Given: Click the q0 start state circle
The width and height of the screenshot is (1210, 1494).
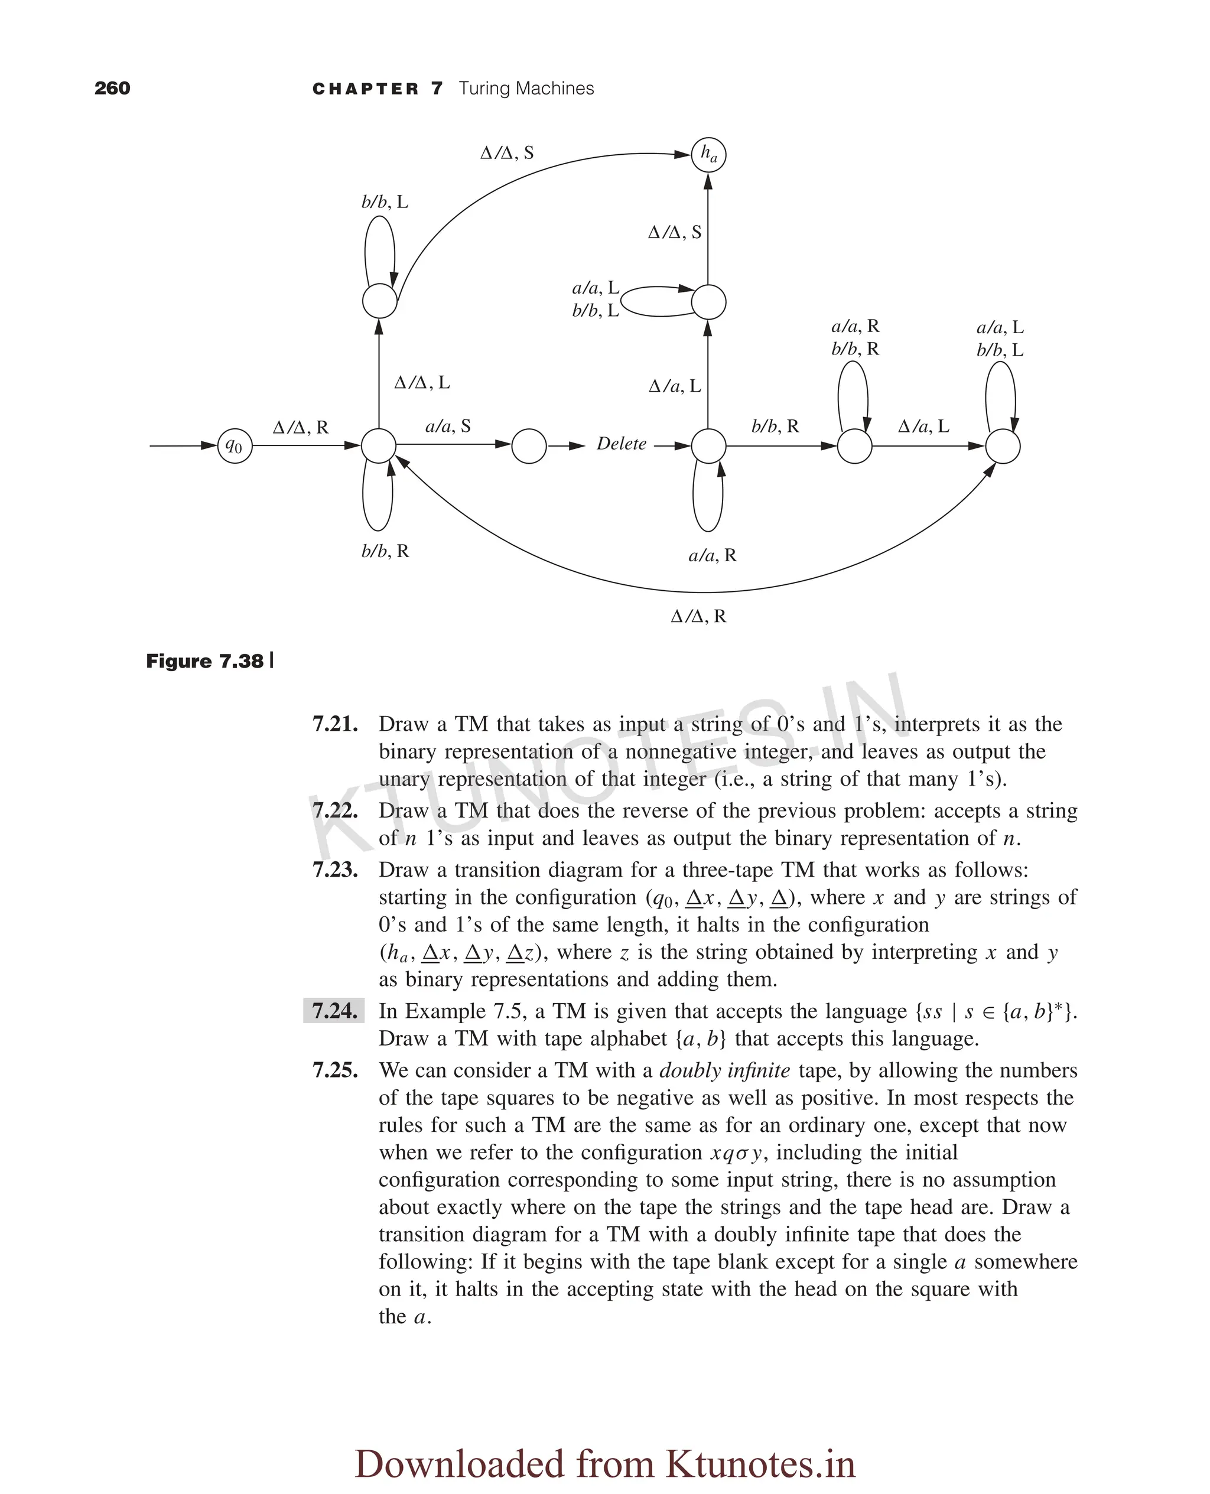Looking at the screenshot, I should point(235,446).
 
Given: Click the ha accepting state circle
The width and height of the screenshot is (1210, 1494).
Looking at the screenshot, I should point(708,155).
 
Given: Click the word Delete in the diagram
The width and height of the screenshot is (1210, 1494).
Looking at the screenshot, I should point(621,444).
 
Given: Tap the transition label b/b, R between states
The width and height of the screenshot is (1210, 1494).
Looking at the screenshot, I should point(775,426).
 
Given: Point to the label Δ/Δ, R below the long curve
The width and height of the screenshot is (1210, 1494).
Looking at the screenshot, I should point(698,616).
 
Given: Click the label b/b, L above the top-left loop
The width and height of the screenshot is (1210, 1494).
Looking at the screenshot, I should point(385,202).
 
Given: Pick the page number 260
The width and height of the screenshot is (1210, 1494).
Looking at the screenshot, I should point(112,89).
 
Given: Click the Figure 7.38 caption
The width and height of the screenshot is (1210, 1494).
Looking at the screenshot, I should point(205,660).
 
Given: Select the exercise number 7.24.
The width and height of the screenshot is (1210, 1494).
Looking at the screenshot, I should point(334,1010).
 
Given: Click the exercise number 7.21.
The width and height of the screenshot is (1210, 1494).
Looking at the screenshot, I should point(334,724).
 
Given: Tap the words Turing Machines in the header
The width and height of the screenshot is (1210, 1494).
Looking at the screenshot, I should point(526,89).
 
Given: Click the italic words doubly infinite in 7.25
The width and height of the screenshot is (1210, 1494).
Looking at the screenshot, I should point(724,1070).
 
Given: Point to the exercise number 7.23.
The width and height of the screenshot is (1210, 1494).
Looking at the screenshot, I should point(334,870).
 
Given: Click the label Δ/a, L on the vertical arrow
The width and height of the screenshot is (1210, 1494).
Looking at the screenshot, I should point(674,386).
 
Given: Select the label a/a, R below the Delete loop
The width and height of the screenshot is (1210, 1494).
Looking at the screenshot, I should point(711,555).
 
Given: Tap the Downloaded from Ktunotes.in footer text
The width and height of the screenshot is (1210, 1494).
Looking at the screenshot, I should point(605,1443).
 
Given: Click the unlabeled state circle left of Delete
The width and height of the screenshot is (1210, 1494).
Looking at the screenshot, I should point(529,446).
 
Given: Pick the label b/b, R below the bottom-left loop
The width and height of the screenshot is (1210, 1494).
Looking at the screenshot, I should point(385,551).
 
